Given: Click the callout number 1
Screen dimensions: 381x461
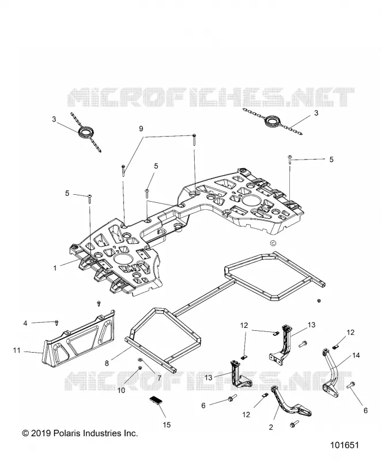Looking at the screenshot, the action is point(55,268).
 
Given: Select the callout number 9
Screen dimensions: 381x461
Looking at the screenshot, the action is point(141,129).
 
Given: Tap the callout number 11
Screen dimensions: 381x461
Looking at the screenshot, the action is point(17,350).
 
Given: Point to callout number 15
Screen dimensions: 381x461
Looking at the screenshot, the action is point(167,425).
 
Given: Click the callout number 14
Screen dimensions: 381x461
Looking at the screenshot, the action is point(356,356).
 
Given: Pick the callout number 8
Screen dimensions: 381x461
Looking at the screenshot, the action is point(107,364).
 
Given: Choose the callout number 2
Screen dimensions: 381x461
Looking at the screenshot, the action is point(271,427).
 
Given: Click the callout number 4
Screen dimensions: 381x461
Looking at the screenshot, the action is point(25,323).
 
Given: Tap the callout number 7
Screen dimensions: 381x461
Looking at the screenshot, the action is point(159,378).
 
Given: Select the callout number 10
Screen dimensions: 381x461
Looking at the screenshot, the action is point(121,391).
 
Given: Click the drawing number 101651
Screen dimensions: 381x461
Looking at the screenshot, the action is point(345,445).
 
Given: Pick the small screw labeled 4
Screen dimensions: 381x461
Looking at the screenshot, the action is point(56,323).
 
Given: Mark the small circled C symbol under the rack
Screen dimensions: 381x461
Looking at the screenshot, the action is point(273,243).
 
